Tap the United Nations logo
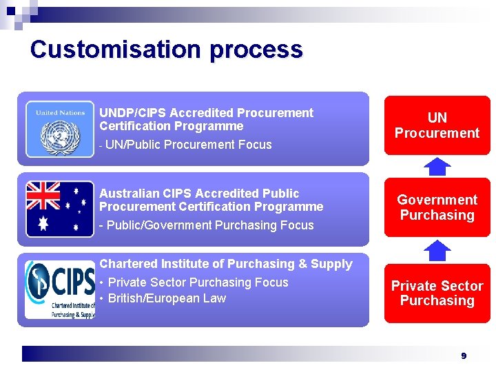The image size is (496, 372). (60, 130)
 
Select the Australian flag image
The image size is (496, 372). (60, 209)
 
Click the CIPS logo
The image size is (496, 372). (60, 289)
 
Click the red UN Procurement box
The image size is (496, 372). (437, 125)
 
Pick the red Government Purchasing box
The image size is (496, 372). (437, 207)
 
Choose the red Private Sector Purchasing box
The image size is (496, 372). (437, 293)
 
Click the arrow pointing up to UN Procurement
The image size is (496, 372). (437, 167)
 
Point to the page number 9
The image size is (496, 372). (464, 355)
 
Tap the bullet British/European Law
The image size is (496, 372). (167, 298)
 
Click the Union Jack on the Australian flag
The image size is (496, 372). (43, 196)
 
